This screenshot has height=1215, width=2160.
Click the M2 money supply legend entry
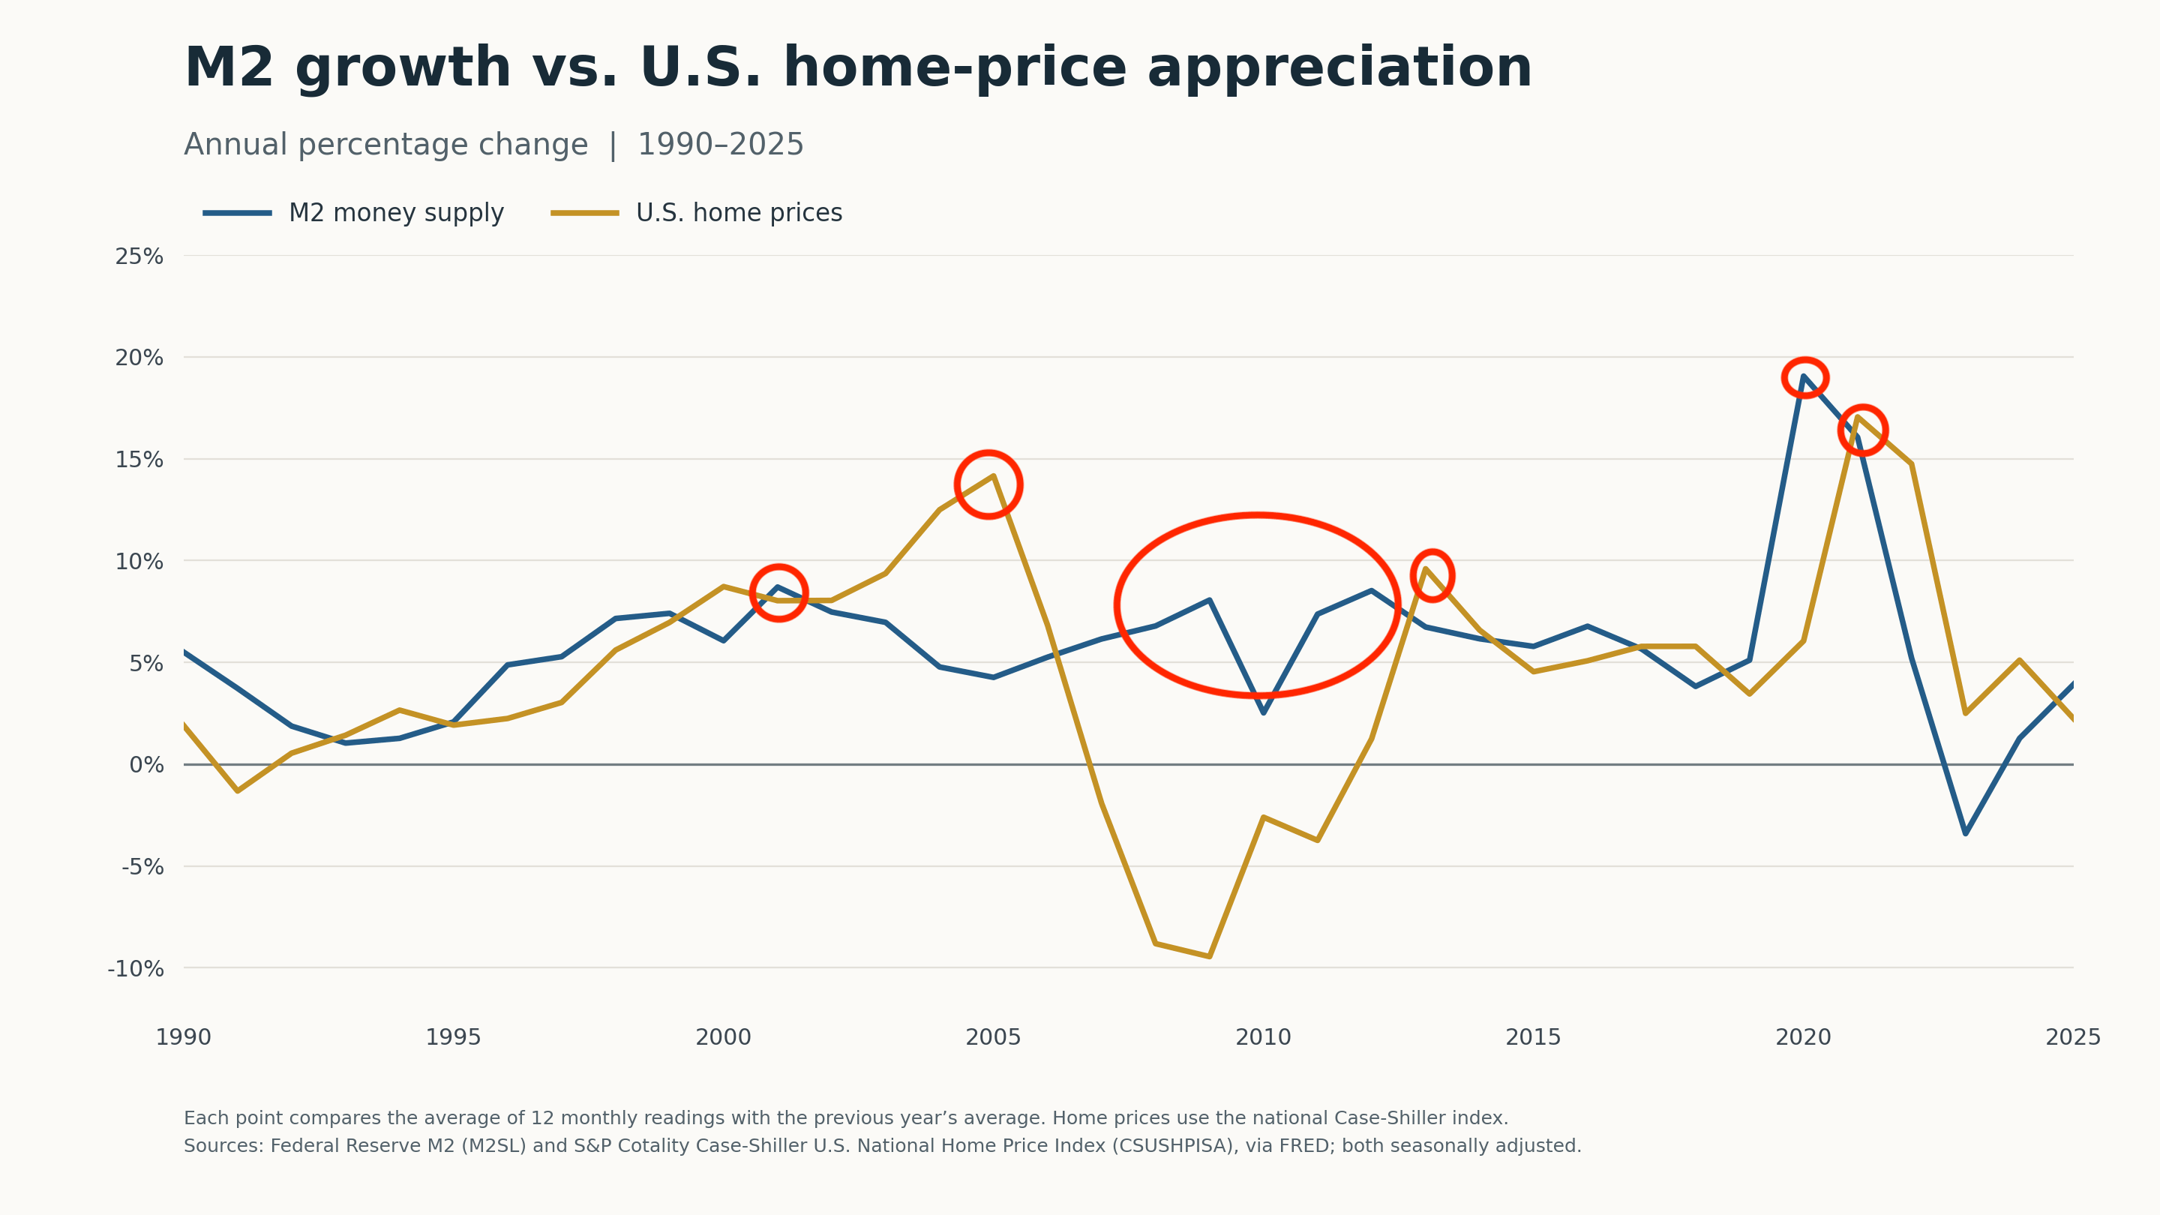(x=353, y=213)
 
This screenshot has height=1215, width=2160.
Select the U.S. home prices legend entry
(x=696, y=213)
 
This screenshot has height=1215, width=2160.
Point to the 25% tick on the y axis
(x=139, y=256)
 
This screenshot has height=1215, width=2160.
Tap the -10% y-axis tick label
(x=136, y=969)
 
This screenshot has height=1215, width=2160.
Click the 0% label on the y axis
(x=147, y=765)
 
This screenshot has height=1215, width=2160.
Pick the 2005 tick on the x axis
(x=994, y=1038)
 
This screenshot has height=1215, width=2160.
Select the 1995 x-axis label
(x=454, y=1038)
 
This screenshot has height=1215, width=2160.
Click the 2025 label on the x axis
(x=2073, y=1038)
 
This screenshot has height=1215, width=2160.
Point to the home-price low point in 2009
(x=1209, y=957)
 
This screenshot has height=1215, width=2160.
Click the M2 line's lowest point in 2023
(x=1966, y=833)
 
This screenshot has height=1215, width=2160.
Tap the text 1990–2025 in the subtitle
(x=720, y=145)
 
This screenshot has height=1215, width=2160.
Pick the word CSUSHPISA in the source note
(x=1173, y=1145)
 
